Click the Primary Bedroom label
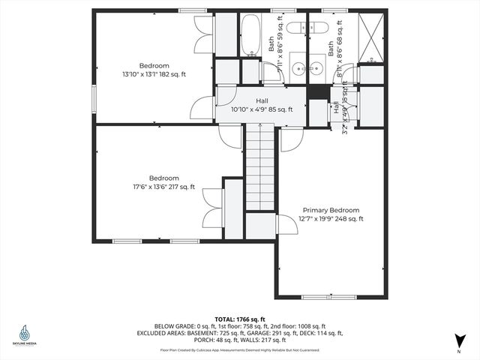[331, 214]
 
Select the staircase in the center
[260, 169]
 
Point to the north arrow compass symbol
[457, 341]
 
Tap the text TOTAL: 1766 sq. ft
[239, 319]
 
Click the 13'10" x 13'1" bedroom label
[154, 70]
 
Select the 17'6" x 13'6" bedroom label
[163, 182]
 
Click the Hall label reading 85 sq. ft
[261, 105]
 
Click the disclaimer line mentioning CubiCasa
[239, 349]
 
